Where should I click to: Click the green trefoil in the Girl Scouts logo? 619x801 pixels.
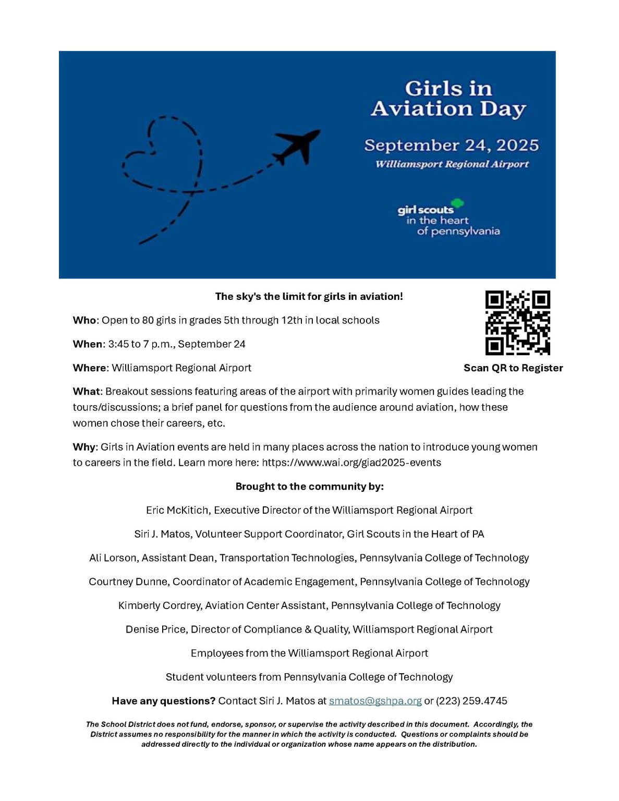[457, 203]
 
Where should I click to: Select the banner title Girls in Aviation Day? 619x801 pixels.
[448, 99]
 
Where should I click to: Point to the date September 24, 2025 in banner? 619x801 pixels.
[451, 145]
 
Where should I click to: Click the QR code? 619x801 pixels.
[517, 323]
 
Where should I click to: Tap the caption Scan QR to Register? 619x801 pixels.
[513, 368]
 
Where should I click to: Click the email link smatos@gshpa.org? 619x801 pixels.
[375, 701]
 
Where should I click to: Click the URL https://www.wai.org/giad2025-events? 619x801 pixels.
[351, 463]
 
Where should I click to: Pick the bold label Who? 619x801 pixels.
[84, 320]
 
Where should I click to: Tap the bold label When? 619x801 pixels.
[88, 344]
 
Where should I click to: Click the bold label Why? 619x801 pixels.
[84, 447]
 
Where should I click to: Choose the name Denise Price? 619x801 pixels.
[155, 629]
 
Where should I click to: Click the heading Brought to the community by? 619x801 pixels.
[309, 487]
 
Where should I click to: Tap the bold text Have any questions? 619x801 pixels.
[163, 701]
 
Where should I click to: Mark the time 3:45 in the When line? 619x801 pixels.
[118, 344]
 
